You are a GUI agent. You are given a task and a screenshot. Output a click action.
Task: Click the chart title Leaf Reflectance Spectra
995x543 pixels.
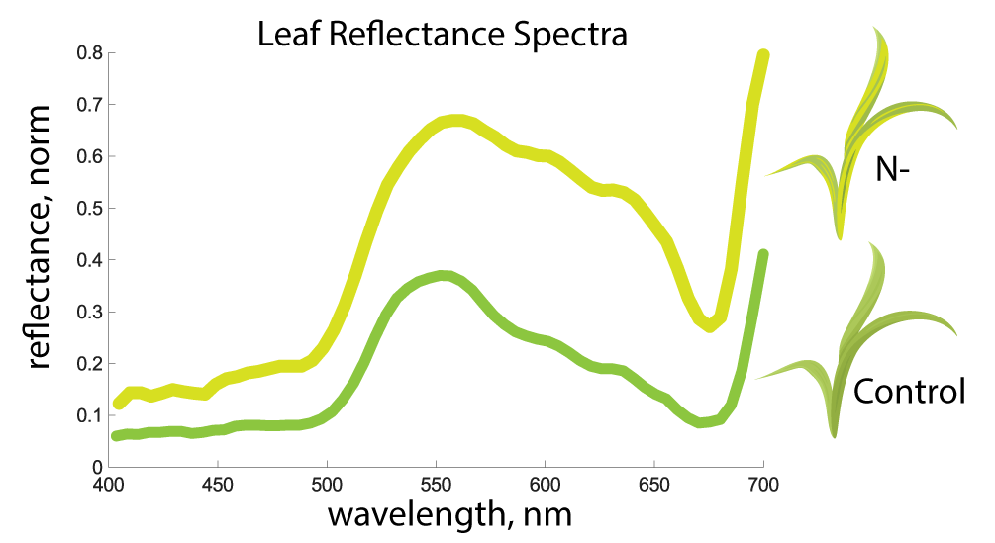click(x=443, y=35)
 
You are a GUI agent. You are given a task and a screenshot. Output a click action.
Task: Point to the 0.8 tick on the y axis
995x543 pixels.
click(x=89, y=52)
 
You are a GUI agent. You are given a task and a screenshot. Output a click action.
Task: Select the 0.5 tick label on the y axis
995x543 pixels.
click(x=89, y=208)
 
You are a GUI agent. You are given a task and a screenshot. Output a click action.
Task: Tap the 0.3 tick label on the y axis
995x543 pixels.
click(x=89, y=312)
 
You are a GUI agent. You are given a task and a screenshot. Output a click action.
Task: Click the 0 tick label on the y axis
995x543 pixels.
click(x=96, y=467)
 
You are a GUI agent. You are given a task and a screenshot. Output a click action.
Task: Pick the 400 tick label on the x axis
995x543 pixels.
click(x=108, y=485)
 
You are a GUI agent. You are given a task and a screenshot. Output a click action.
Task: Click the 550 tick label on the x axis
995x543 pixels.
click(x=436, y=485)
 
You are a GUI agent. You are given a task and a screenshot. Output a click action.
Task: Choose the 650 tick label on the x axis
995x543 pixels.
click(x=654, y=485)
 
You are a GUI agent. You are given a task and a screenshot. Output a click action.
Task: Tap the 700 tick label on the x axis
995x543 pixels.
click(x=762, y=485)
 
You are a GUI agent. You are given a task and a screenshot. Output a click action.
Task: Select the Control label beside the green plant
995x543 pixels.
click(x=909, y=393)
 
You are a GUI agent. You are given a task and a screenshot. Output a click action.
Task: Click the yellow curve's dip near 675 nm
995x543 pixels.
click(x=709, y=325)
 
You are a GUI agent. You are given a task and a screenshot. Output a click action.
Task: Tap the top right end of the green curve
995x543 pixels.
click(x=763, y=255)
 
